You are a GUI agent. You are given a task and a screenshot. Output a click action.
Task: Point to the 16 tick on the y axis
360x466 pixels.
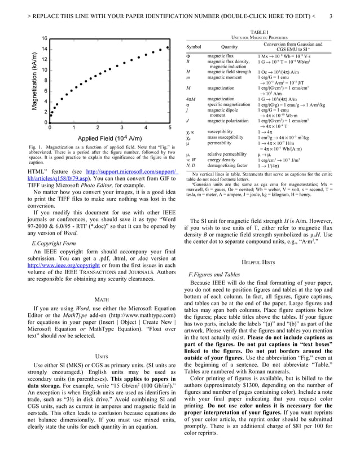[43, 38]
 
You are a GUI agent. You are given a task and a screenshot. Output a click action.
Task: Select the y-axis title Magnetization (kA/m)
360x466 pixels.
[34, 80]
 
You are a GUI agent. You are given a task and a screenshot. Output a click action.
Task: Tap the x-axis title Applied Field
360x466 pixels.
[109, 139]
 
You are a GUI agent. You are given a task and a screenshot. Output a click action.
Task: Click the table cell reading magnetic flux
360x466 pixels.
[220, 56]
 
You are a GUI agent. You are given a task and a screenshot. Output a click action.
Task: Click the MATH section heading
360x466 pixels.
[102, 299]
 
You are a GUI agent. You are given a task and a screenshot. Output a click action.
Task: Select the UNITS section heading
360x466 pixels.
[102, 357]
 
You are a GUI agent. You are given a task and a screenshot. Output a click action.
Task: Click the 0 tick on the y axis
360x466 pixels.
[44, 122]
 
